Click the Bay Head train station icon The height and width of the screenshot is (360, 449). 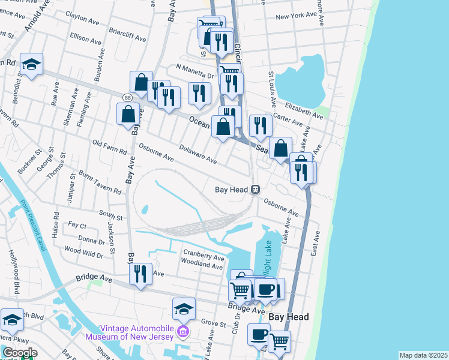point(256,190)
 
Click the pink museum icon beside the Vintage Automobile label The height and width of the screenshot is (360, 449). point(184,332)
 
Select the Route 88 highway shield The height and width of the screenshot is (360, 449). point(127,97)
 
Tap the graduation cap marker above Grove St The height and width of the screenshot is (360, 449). point(184,309)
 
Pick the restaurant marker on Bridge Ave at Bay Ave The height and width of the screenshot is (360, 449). point(140,274)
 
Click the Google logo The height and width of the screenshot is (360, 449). point(19,353)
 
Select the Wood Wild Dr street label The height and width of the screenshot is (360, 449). point(83,252)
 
